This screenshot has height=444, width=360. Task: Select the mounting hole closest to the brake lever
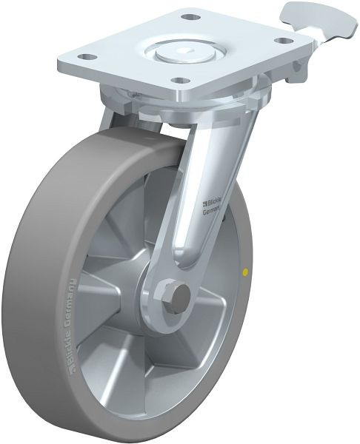285,41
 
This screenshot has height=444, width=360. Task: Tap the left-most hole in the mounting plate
87,57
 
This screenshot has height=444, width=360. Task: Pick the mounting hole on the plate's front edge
179,80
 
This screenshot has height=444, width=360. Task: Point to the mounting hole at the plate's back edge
190,16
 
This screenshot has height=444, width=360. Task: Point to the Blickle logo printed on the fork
213,205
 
